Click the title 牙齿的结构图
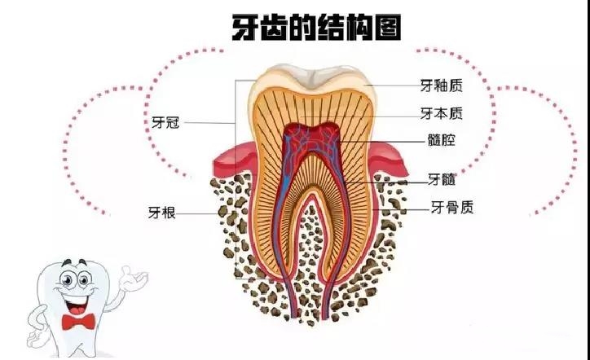click(x=316, y=27)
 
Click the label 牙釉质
click(x=441, y=86)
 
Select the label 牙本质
click(x=441, y=113)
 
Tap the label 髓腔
click(x=442, y=140)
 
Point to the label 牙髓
click(x=442, y=179)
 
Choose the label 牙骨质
click(x=452, y=207)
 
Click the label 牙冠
click(x=165, y=123)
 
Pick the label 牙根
click(x=162, y=213)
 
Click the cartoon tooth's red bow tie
click(x=78, y=322)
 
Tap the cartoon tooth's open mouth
click(x=78, y=304)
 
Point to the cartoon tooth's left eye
click(x=67, y=279)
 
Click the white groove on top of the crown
click(x=311, y=78)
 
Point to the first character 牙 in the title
click(x=244, y=28)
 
